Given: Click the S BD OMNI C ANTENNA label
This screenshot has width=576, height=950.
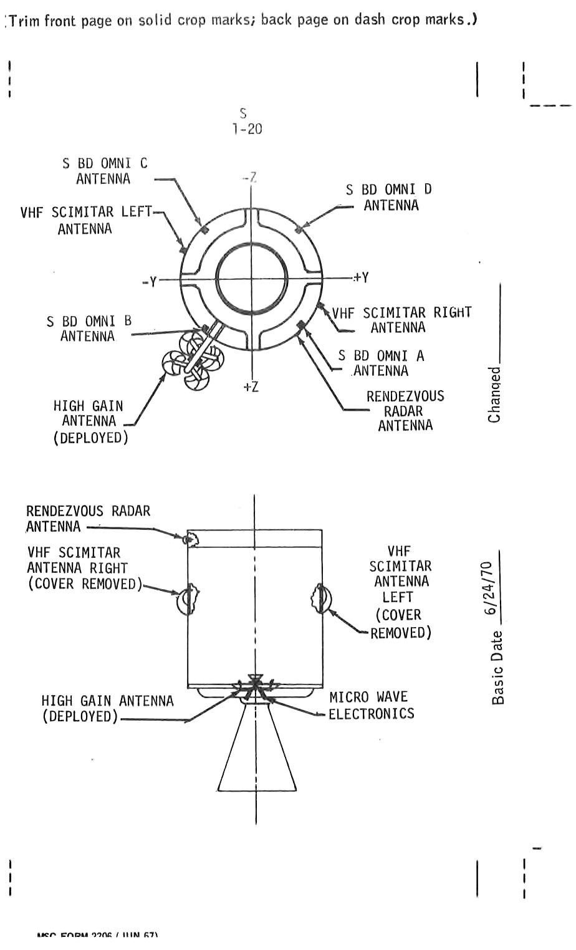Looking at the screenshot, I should click(105, 171).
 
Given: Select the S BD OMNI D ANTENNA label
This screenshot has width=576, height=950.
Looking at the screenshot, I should click(390, 197).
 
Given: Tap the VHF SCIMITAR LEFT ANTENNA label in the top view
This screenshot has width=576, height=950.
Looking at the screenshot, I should click(85, 220).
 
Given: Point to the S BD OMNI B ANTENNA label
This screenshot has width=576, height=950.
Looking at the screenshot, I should click(89, 329).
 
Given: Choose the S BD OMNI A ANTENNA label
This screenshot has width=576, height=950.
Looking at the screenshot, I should click(381, 363).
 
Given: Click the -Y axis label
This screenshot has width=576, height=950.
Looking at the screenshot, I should click(149, 282).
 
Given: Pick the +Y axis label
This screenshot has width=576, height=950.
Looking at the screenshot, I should click(362, 277).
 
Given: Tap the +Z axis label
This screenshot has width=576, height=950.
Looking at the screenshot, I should click(251, 387).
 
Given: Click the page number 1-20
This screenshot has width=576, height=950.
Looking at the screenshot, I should click(247, 129).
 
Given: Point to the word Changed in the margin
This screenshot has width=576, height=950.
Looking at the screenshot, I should click(494, 395).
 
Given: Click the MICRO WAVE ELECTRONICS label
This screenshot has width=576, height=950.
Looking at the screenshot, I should click(370, 705).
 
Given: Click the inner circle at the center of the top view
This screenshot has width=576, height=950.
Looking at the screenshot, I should click(251, 277).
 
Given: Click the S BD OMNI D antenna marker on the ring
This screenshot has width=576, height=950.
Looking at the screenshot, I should click(299, 229).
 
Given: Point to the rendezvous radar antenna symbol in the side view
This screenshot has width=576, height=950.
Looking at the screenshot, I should click(189, 538).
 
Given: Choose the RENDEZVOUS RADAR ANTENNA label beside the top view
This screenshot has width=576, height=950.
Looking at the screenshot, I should click(405, 411).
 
